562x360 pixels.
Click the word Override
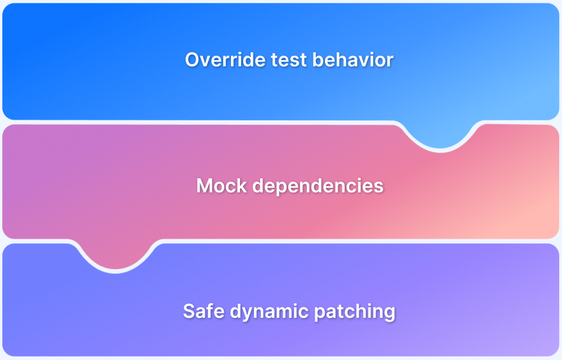click(x=225, y=60)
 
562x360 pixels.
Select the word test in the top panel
click(x=289, y=60)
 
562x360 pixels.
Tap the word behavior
click(x=353, y=60)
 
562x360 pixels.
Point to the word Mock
click(x=221, y=186)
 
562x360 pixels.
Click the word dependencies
click(x=318, y=186)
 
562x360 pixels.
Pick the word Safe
click(x=203, y=311)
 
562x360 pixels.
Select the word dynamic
click(x=269, y=312)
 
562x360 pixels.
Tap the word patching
click(x=355, y=312)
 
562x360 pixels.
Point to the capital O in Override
click(x=192, y=60)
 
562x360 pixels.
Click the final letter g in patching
click(x=390, y=313)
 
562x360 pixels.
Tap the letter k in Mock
click(x=242, y=186)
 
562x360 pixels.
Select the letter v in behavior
click(x=362, y=62)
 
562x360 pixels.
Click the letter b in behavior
click(x=318, y=60)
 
